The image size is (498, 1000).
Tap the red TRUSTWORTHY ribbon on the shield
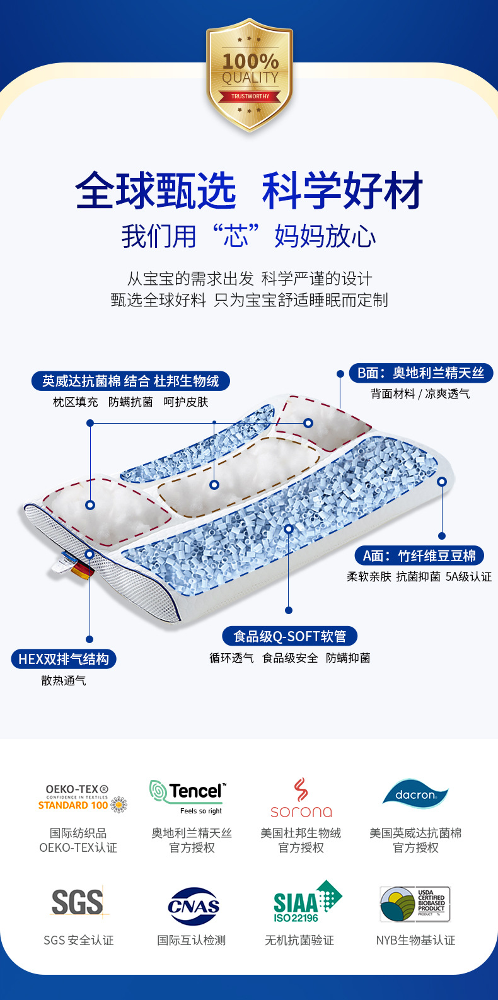click(250, 96)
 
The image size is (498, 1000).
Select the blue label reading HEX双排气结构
click(64, 660)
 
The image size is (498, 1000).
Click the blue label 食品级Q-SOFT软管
click(290, 636)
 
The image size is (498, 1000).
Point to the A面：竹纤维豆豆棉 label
click(419, 555)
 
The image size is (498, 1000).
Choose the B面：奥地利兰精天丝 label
click(420, 373)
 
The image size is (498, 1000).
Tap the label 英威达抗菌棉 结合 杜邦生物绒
click(130, 381)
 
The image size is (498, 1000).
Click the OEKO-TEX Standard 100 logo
click(82, 798)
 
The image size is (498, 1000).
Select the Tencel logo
click(188, 796)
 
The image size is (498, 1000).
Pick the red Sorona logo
click(301, 798)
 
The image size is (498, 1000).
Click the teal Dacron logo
click(415, 793)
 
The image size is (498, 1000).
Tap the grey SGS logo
click(78, 902)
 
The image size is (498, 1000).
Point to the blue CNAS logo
click(194, 906)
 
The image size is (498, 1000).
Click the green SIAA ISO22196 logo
click(306, 902)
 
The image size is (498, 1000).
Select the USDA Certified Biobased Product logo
click(415, 903)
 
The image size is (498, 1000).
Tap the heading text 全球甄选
click(155, 190)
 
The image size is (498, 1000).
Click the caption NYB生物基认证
click(415, 940)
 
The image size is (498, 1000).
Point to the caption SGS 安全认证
click(78, 940)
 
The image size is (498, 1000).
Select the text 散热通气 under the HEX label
click(64, 681)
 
